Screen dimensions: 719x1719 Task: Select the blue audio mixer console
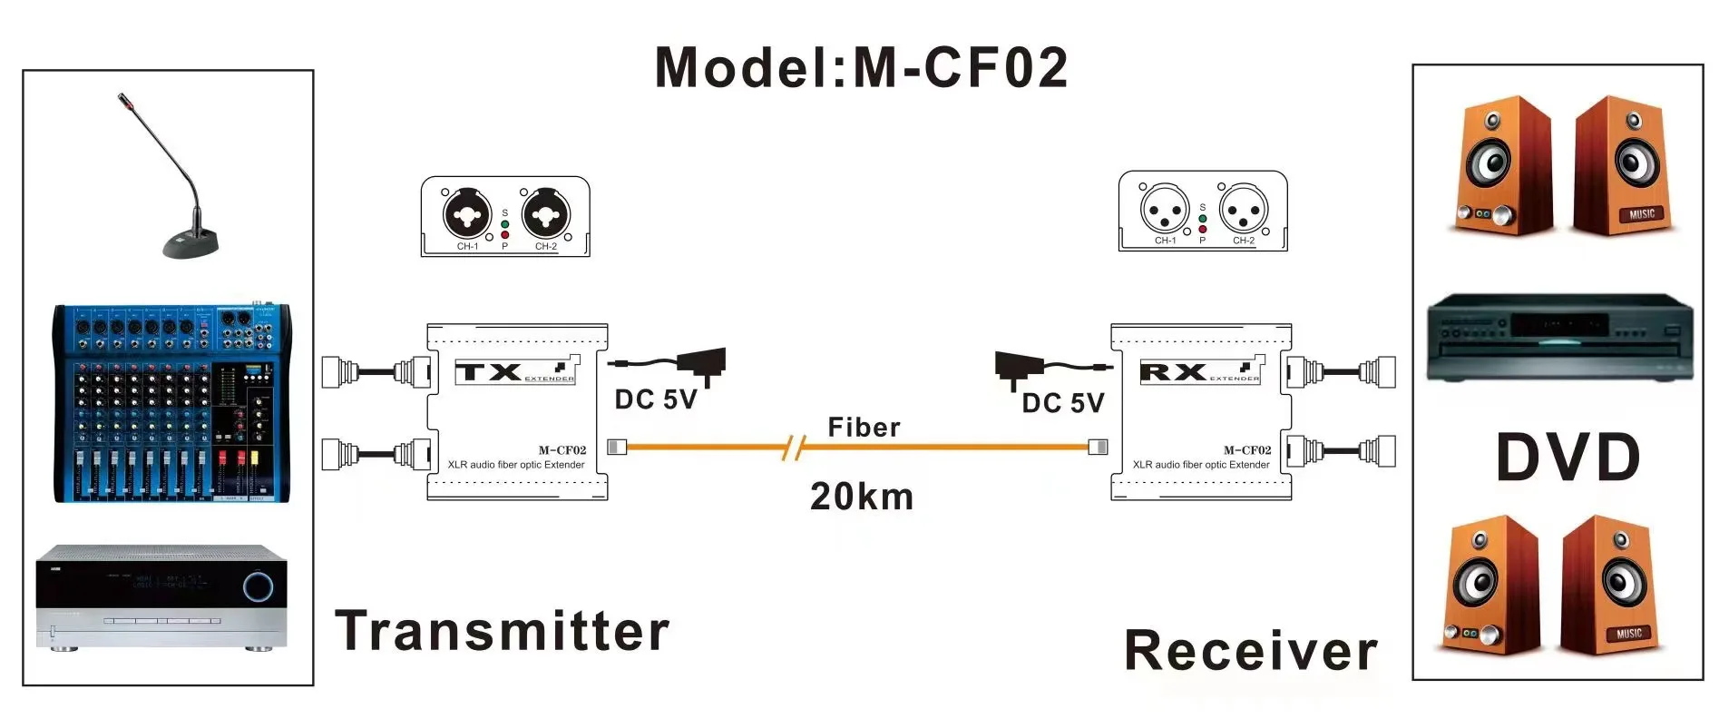(172, 403)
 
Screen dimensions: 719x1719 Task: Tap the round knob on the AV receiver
(258, 586)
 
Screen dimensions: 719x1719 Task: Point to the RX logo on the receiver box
(1173, 371)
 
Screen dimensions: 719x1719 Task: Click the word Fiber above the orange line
(864, 427)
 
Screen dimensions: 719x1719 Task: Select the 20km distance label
(862, 497)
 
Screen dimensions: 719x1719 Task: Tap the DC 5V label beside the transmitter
(655, 399)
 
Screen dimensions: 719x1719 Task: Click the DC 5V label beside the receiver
(1063, 403)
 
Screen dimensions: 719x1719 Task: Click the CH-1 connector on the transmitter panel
(467, 214)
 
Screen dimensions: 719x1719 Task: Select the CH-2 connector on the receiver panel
(1243, 211)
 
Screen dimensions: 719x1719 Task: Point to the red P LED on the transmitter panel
(505, 235)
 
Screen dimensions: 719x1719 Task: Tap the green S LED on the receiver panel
(1203, 219)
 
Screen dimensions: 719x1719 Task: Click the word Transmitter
(502, 631)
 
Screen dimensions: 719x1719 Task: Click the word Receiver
(1250, 651)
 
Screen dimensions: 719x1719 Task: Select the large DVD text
(1568, 458)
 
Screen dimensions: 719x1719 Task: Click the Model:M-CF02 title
(861, 67)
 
